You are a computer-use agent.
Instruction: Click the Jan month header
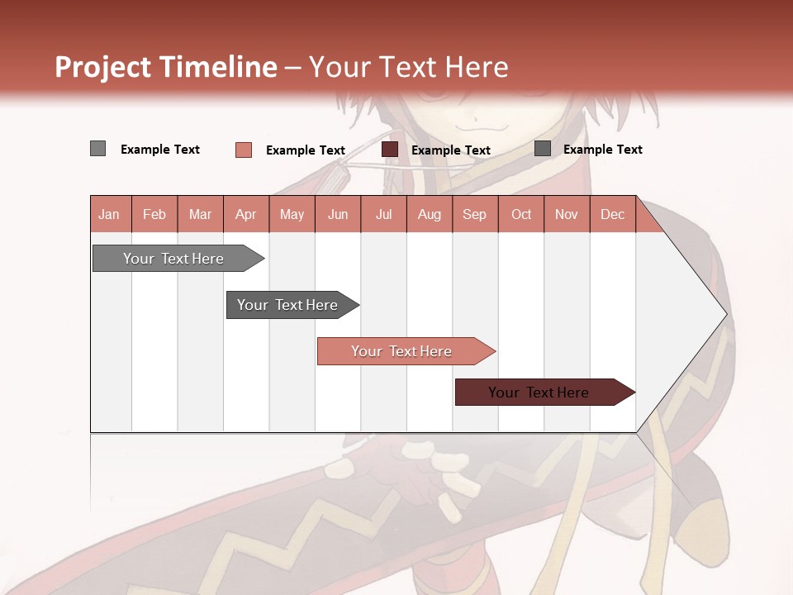click(x=109, y=214)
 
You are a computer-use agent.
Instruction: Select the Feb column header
click(x=154, y=214)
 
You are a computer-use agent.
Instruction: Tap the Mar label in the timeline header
click(x=200, y=214)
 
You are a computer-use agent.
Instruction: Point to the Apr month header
click(x=246, y=214)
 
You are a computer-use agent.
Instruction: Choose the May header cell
click(x=292, y=214)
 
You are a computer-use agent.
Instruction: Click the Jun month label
click(x=338, y=214)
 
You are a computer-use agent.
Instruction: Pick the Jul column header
click(x=383, y=214)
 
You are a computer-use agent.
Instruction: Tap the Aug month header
click(x=430, y=214)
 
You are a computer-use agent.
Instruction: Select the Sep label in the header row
click(x=475, y=214)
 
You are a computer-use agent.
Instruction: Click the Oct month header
click(x=521, y=214)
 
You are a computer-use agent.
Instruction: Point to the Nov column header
click(x=567, y=214)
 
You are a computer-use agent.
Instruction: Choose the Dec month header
click(x=613, y=214)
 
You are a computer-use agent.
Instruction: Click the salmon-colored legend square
click(x=244, y=150)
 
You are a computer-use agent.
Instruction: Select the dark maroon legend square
click(x=390, y=150)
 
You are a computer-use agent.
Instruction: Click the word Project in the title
click(x=102, y=67)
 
